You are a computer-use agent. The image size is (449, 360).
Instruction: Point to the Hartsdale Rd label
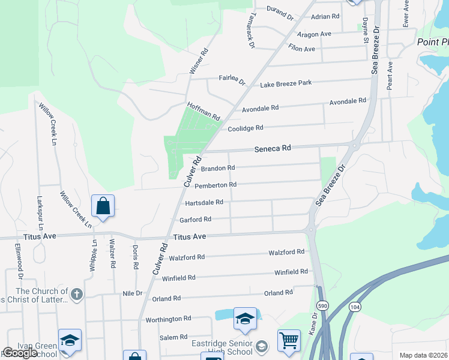(x=204, y=202)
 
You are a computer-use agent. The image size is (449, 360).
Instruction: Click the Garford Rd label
(x=195, y=220)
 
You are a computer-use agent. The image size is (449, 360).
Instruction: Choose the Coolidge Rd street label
(x=246, y=128)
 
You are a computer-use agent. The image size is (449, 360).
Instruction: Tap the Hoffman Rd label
(x=203, y=110)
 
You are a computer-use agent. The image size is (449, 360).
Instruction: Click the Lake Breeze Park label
(x=286, y=83)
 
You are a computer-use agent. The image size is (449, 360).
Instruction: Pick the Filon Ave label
(x=302, y=49)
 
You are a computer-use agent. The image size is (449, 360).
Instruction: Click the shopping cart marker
(x=289, y=340)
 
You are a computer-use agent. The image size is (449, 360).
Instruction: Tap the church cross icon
(x=76, y=295)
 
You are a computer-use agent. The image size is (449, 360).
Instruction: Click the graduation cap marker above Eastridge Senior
(x=245, y=319)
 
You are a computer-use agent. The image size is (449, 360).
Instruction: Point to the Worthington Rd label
(x=168, y=319)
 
